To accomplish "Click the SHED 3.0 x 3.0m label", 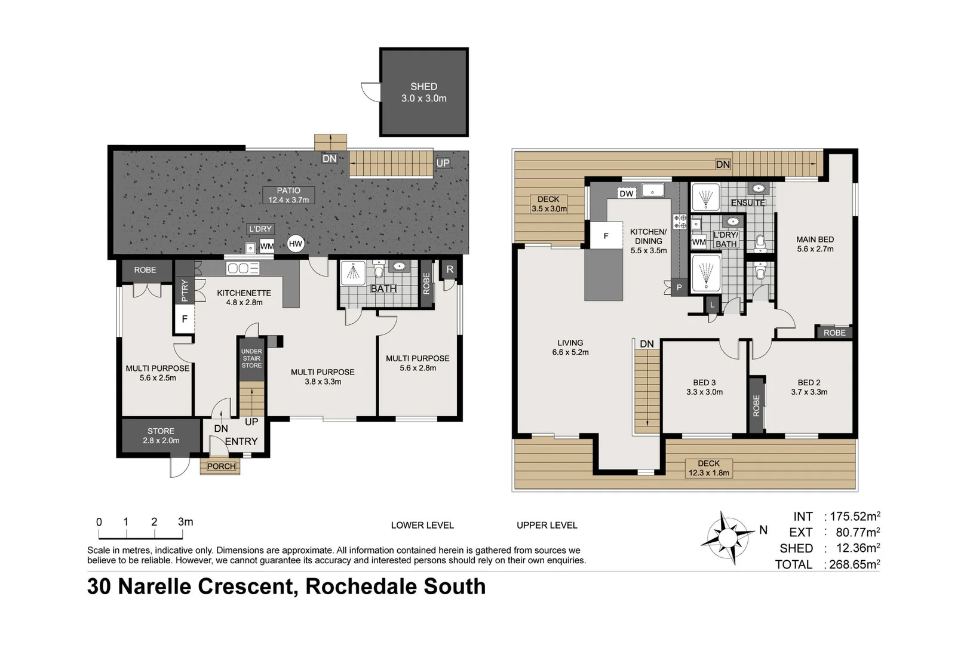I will [423, 93].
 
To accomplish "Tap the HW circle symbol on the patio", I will [296, 243].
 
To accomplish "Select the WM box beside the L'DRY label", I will [267, 246].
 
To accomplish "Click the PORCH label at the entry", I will [221, 466].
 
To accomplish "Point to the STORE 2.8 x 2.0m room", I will [161, 436].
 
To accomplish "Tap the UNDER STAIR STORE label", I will [251, 358].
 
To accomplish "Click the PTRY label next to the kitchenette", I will [185, 291].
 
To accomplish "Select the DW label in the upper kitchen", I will [626, 193].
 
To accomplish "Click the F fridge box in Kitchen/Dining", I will [605, 236].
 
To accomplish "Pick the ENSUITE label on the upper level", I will [748, 203].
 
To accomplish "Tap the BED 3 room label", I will [704, 387].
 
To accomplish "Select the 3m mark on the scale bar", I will [185, 522].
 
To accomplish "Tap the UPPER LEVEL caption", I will [547, 526].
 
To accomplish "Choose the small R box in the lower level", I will [450, 269].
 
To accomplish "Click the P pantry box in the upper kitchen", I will [679, 287].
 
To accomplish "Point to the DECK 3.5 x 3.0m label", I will [548, 204].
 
